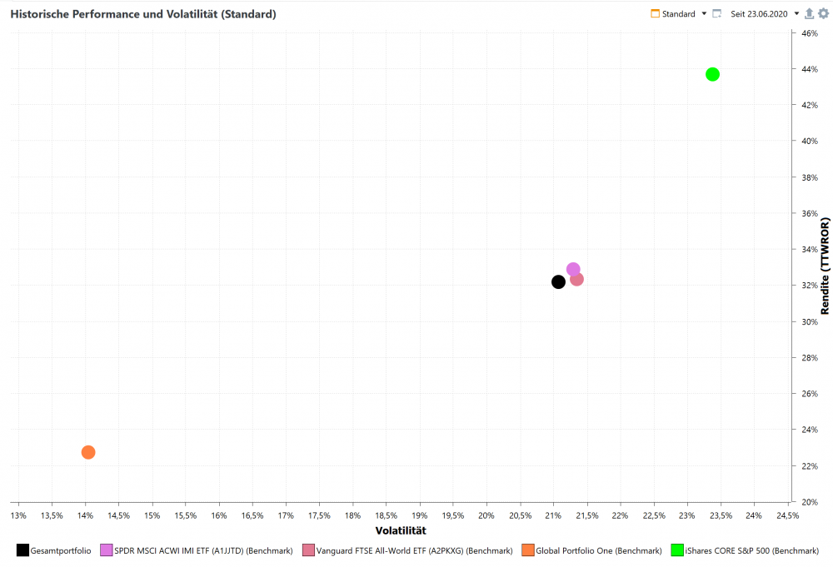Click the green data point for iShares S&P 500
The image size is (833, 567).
[x=712, y=74]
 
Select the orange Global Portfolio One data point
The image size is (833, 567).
[x=88, y=452]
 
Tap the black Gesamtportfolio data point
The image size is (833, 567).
[x=558, y=281]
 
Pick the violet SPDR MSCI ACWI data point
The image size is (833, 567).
[x=573, y=269]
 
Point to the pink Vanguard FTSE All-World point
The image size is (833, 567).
[x=577, y=279]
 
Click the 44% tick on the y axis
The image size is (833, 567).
[x=809, y=69]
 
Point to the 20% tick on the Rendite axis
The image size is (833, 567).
[x=809, y=502]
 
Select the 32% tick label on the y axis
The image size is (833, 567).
[x=809, y=286]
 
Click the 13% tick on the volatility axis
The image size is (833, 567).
[x=18, y=515]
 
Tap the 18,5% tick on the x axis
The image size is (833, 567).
[x=386, y=515]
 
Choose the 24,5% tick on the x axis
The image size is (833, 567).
[x=787, y=515]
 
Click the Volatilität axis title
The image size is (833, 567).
[x=401, y=530]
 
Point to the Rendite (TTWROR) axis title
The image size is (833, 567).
[x=825, y=266]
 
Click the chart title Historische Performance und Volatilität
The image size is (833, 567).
[x=143, y=14]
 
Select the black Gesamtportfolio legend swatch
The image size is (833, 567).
[x=22, y=550]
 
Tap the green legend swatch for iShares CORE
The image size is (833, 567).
[x=677, y=550]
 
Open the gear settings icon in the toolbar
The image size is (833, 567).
[x=823, y=14]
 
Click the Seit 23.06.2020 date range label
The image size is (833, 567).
[x=759, y=14]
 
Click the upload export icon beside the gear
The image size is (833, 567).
[x=810, y=14]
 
